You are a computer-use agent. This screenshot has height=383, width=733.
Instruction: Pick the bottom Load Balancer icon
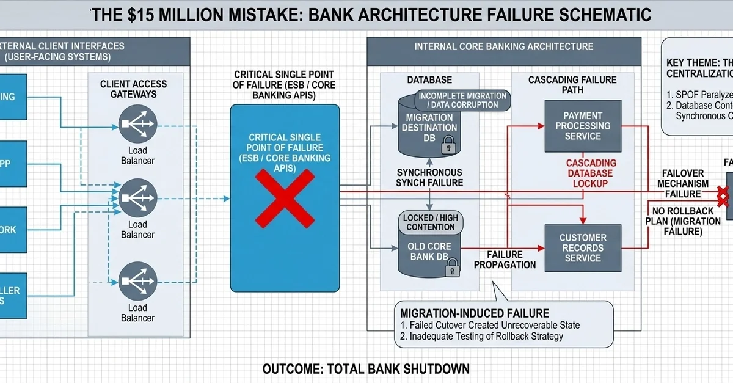(x=137, y=280)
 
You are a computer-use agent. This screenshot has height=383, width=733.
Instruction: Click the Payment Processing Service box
(x=583, y=126)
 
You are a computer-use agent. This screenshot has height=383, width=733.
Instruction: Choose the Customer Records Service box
(x=583, y=248)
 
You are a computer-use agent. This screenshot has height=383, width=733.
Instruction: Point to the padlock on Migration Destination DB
(x=448, y=145)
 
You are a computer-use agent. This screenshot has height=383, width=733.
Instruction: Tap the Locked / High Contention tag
(x=430, y=223)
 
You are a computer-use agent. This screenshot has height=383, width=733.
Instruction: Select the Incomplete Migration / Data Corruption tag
(x=462, y=100)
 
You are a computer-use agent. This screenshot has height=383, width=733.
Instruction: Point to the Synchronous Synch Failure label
(x=429, y=178)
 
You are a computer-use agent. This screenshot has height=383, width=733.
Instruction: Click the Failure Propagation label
(x=505, y=260)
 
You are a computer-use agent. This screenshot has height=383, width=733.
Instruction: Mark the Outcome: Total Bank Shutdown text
(x=366, y=369)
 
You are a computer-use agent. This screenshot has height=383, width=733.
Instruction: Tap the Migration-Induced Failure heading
(x=475, y=313)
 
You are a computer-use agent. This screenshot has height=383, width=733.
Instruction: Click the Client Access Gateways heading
(x=133, y=89)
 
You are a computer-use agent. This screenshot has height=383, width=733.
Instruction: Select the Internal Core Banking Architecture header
(x=503, y=46)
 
